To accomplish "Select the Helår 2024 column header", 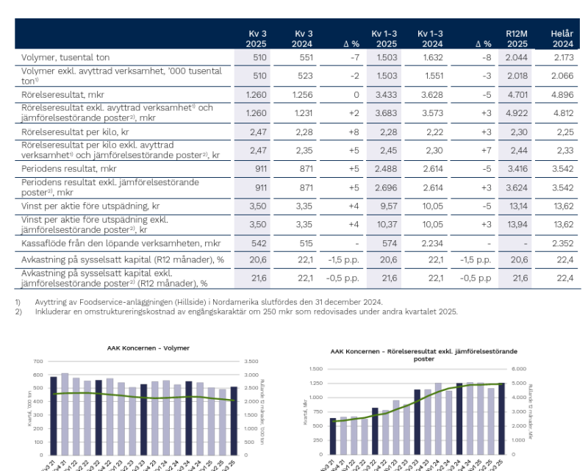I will (x=562, y=38).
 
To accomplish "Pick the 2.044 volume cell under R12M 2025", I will (x=516, y=57).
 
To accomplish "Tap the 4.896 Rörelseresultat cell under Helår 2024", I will (x=562, y=94).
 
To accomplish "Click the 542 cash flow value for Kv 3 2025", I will (x=259, y=243).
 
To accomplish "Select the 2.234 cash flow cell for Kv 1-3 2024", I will (x=429, y=243).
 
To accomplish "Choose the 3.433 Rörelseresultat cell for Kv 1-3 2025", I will (x=385, y=94).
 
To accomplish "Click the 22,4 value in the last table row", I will (x=564, y=278).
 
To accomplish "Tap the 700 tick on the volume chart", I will (x=39, y=362).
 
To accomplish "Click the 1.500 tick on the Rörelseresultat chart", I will (x=315, y=369).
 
